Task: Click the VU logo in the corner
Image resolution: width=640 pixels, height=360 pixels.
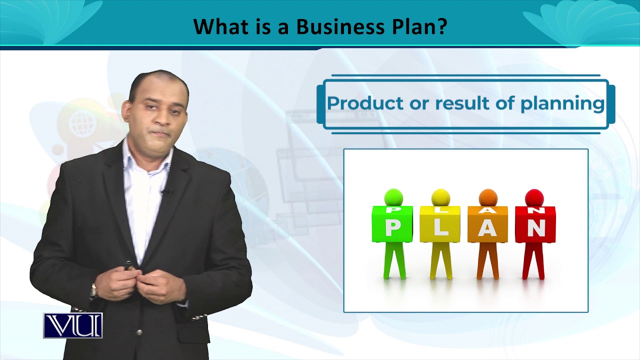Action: (73, 325)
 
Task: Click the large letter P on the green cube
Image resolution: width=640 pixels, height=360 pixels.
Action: (392, 228)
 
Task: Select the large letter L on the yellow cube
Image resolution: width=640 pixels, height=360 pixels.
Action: (440, 229)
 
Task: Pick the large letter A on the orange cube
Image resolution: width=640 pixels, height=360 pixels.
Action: (487, 229)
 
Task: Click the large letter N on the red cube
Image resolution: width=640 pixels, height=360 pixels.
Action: (536, 228)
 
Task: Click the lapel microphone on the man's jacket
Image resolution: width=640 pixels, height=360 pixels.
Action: (166, 191)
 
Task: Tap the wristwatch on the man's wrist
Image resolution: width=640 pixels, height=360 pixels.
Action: (93, 289)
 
